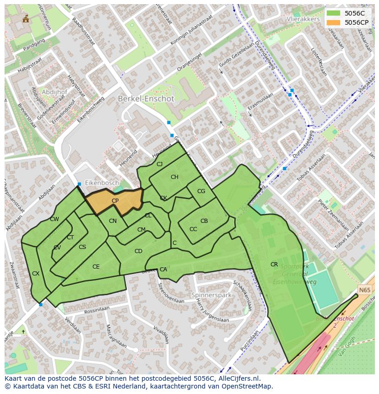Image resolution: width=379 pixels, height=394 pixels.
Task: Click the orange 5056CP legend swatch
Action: point(333,22)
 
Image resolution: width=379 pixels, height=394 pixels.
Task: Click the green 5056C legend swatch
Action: point(333,13)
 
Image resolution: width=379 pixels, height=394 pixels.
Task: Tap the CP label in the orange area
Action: point(115,201)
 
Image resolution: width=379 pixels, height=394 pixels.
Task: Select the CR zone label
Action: point(274,264)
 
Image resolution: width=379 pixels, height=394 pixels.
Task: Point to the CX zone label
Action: point(35,274)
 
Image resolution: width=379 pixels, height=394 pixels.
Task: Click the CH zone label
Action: point(174,177)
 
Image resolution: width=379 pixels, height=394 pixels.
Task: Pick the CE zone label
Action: point(96,267)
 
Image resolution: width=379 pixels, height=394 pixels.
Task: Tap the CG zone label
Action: point(201,191)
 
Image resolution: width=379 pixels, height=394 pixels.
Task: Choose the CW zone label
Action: point(54,219)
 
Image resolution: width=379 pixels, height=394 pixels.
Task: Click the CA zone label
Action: point(163,270)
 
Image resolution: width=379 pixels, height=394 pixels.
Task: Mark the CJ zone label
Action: point(159,164)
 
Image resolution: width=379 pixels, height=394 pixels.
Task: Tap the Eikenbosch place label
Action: point(101,183)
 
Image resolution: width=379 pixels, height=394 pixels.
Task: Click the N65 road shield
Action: point(364,290)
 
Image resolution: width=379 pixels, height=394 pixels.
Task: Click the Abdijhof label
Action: point(54,92)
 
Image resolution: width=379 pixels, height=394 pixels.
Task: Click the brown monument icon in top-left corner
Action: point(26,19)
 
